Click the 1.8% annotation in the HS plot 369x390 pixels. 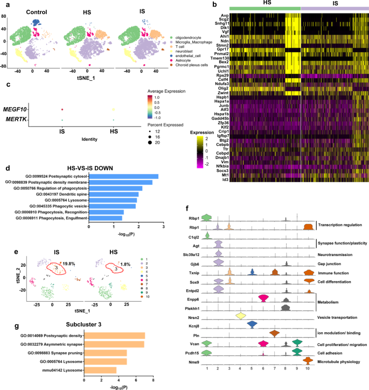coord(127,249)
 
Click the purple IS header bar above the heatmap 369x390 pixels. coord(333,9)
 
